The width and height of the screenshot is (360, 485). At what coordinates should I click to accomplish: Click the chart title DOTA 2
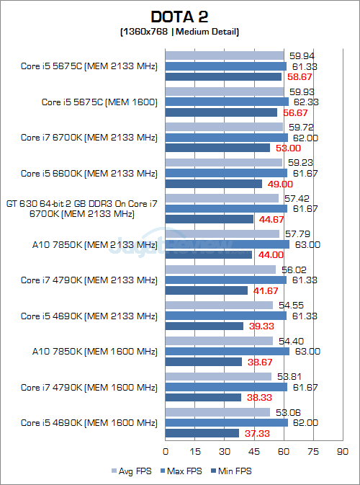tap(180, 17)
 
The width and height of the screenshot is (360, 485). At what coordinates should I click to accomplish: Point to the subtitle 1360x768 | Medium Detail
tap(179, 32)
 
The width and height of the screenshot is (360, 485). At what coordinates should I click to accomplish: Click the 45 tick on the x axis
tap(254, 452)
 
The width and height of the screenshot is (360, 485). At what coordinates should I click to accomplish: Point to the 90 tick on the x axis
tap(343, 452)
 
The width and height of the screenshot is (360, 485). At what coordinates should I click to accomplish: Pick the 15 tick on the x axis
tap(195, 452)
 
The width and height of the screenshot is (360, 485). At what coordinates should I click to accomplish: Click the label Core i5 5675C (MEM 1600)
tap(99, 102)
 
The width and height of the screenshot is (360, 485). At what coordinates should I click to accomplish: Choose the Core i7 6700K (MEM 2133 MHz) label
tap(89, 138)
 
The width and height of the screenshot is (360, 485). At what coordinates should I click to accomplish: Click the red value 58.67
tap(298, 76)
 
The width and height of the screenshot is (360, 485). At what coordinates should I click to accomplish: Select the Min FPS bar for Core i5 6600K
tap(214, 184)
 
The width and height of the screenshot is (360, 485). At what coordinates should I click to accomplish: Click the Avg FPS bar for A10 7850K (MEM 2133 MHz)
tap(222, 233)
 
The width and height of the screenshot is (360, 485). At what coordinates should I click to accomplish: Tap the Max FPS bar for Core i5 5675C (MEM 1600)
tap(227, 102)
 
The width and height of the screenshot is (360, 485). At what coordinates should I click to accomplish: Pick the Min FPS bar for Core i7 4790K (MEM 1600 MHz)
tap(203, 397)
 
